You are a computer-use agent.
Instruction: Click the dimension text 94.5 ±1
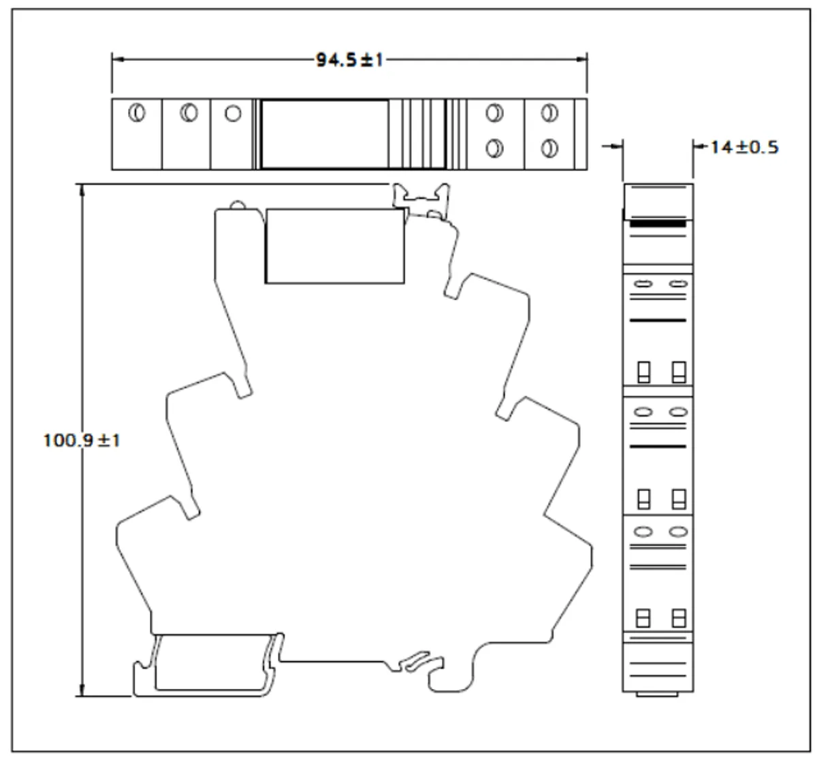[349, 60]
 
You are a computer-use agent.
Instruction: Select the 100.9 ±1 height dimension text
[82, 440]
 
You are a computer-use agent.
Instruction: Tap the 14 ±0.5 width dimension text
[745, 147]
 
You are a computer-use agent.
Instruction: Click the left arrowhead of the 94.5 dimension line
[118, 59]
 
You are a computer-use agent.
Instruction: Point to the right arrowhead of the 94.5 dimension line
[581, 59]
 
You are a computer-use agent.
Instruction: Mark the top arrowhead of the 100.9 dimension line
[82, 190]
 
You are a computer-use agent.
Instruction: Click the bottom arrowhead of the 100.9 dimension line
[82, 691]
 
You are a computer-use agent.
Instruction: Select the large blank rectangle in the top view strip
[325, 134]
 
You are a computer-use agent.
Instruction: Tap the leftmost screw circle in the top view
[137, 112]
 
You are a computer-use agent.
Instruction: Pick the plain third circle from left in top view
[233, 113]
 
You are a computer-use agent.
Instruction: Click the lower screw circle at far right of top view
[549, 148]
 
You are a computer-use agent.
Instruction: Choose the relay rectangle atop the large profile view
[335, 246]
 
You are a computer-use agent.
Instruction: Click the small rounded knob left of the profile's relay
[238, 205]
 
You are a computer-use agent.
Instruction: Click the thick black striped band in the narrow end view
[658, 224]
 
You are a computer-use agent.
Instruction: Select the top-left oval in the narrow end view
[643, 284]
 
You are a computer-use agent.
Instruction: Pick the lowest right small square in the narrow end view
[679, 618]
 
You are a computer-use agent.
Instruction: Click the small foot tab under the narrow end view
[657, 694]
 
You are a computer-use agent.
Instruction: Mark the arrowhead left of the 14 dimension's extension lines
[617, 146]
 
